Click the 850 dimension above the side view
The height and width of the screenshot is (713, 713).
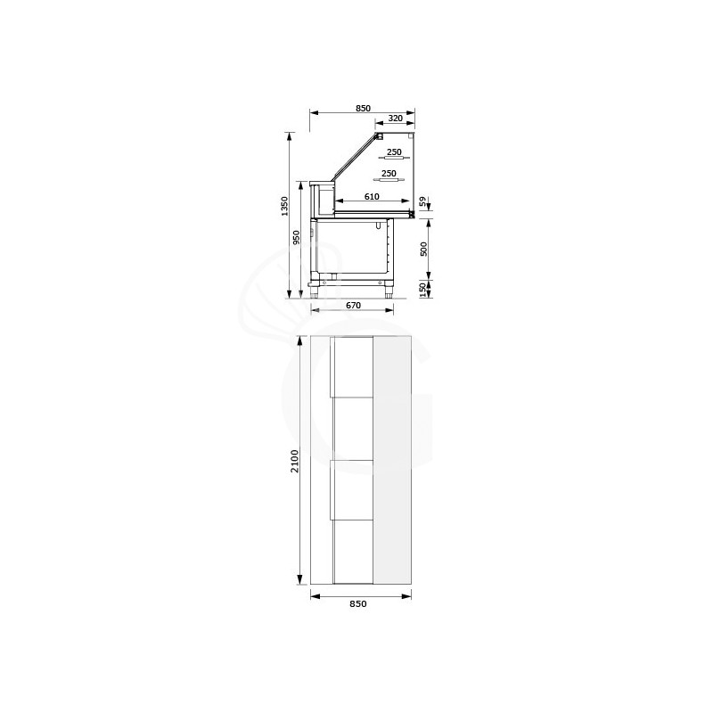363,108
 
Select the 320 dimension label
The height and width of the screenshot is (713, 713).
395,118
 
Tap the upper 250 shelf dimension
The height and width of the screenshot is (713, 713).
393,152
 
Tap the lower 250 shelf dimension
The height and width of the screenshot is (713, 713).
389,174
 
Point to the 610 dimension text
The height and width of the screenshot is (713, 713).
372,196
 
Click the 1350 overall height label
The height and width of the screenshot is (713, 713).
284,207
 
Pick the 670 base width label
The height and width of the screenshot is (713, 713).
353,306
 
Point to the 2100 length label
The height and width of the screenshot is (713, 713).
295,462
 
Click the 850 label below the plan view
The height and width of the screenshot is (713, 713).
357,603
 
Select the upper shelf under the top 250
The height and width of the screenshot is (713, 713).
393,159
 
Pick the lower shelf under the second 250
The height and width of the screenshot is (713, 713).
389,181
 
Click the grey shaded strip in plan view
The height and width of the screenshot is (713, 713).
393,462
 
